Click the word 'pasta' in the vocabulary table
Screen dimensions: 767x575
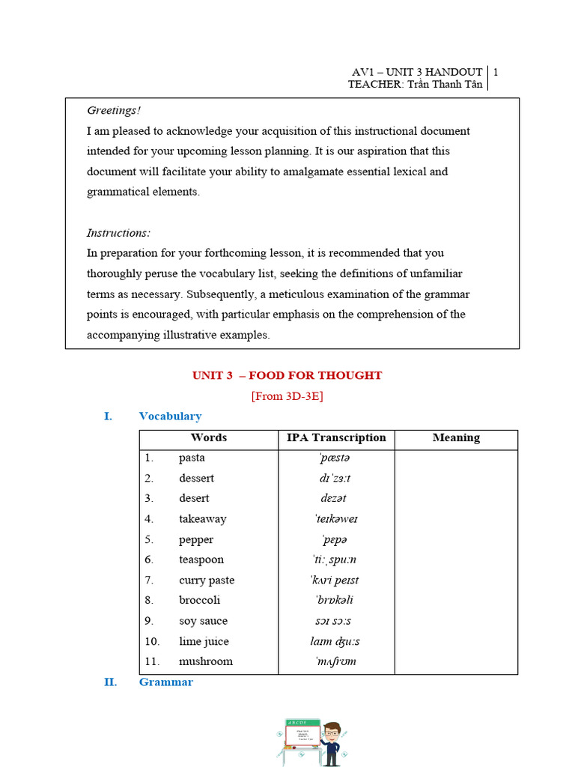pyautogui.click(x=192, y=458)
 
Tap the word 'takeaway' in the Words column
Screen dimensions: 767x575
pyautogui.click(x=202, y=518)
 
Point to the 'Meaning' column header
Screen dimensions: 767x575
pyautogui.click(x=456, y=438)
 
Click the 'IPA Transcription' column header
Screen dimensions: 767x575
pyautogui.click(x=336, y=438)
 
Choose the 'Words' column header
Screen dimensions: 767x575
pyautogui.click(x=209, y=438)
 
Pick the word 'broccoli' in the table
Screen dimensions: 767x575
pyautogui.click(x=199, y=600)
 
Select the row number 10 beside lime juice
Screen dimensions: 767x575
pyautogui.click(x=152, y=641)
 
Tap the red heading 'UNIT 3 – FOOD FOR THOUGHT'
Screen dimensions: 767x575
pyautogui.click(x=287, y=375)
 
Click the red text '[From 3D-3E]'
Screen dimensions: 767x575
pyautogui.click(x=287, y=396)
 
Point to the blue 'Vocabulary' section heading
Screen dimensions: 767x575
pyautogui.click(x=170, y=416)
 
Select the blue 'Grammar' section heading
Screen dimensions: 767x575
pyautogui.click(x=165, y=682)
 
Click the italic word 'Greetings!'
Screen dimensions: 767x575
pyautogui.click(x=114, y=111)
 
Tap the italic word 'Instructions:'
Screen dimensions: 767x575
pyautogui.click(x=118, y=233)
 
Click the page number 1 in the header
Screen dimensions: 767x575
pyautogui.click(x=496, y=73)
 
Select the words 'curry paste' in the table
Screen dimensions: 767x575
pyautogui.click(x=207, y=580)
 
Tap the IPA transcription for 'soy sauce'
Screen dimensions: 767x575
pyautogui.click(x=335, y=621)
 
